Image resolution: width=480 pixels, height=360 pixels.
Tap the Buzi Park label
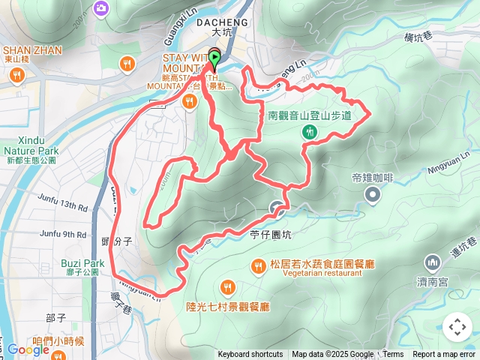pos(83,263)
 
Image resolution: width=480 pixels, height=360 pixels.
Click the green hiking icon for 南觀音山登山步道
pos(309,133)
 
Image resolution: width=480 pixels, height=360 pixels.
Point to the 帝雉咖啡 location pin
pos(373,196)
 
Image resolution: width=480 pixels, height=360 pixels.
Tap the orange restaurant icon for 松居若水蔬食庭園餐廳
pos(258,265)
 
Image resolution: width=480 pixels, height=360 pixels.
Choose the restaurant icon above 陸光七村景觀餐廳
pos(227,286)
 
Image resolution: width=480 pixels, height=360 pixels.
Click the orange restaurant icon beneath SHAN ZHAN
pos(16,75)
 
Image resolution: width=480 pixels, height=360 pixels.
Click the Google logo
pos(28,349)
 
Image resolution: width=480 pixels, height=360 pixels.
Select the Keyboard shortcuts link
pos(250,355)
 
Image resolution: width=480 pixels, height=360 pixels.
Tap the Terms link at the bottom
pos(393,355)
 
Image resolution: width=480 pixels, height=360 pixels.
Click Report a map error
pos(445,355)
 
